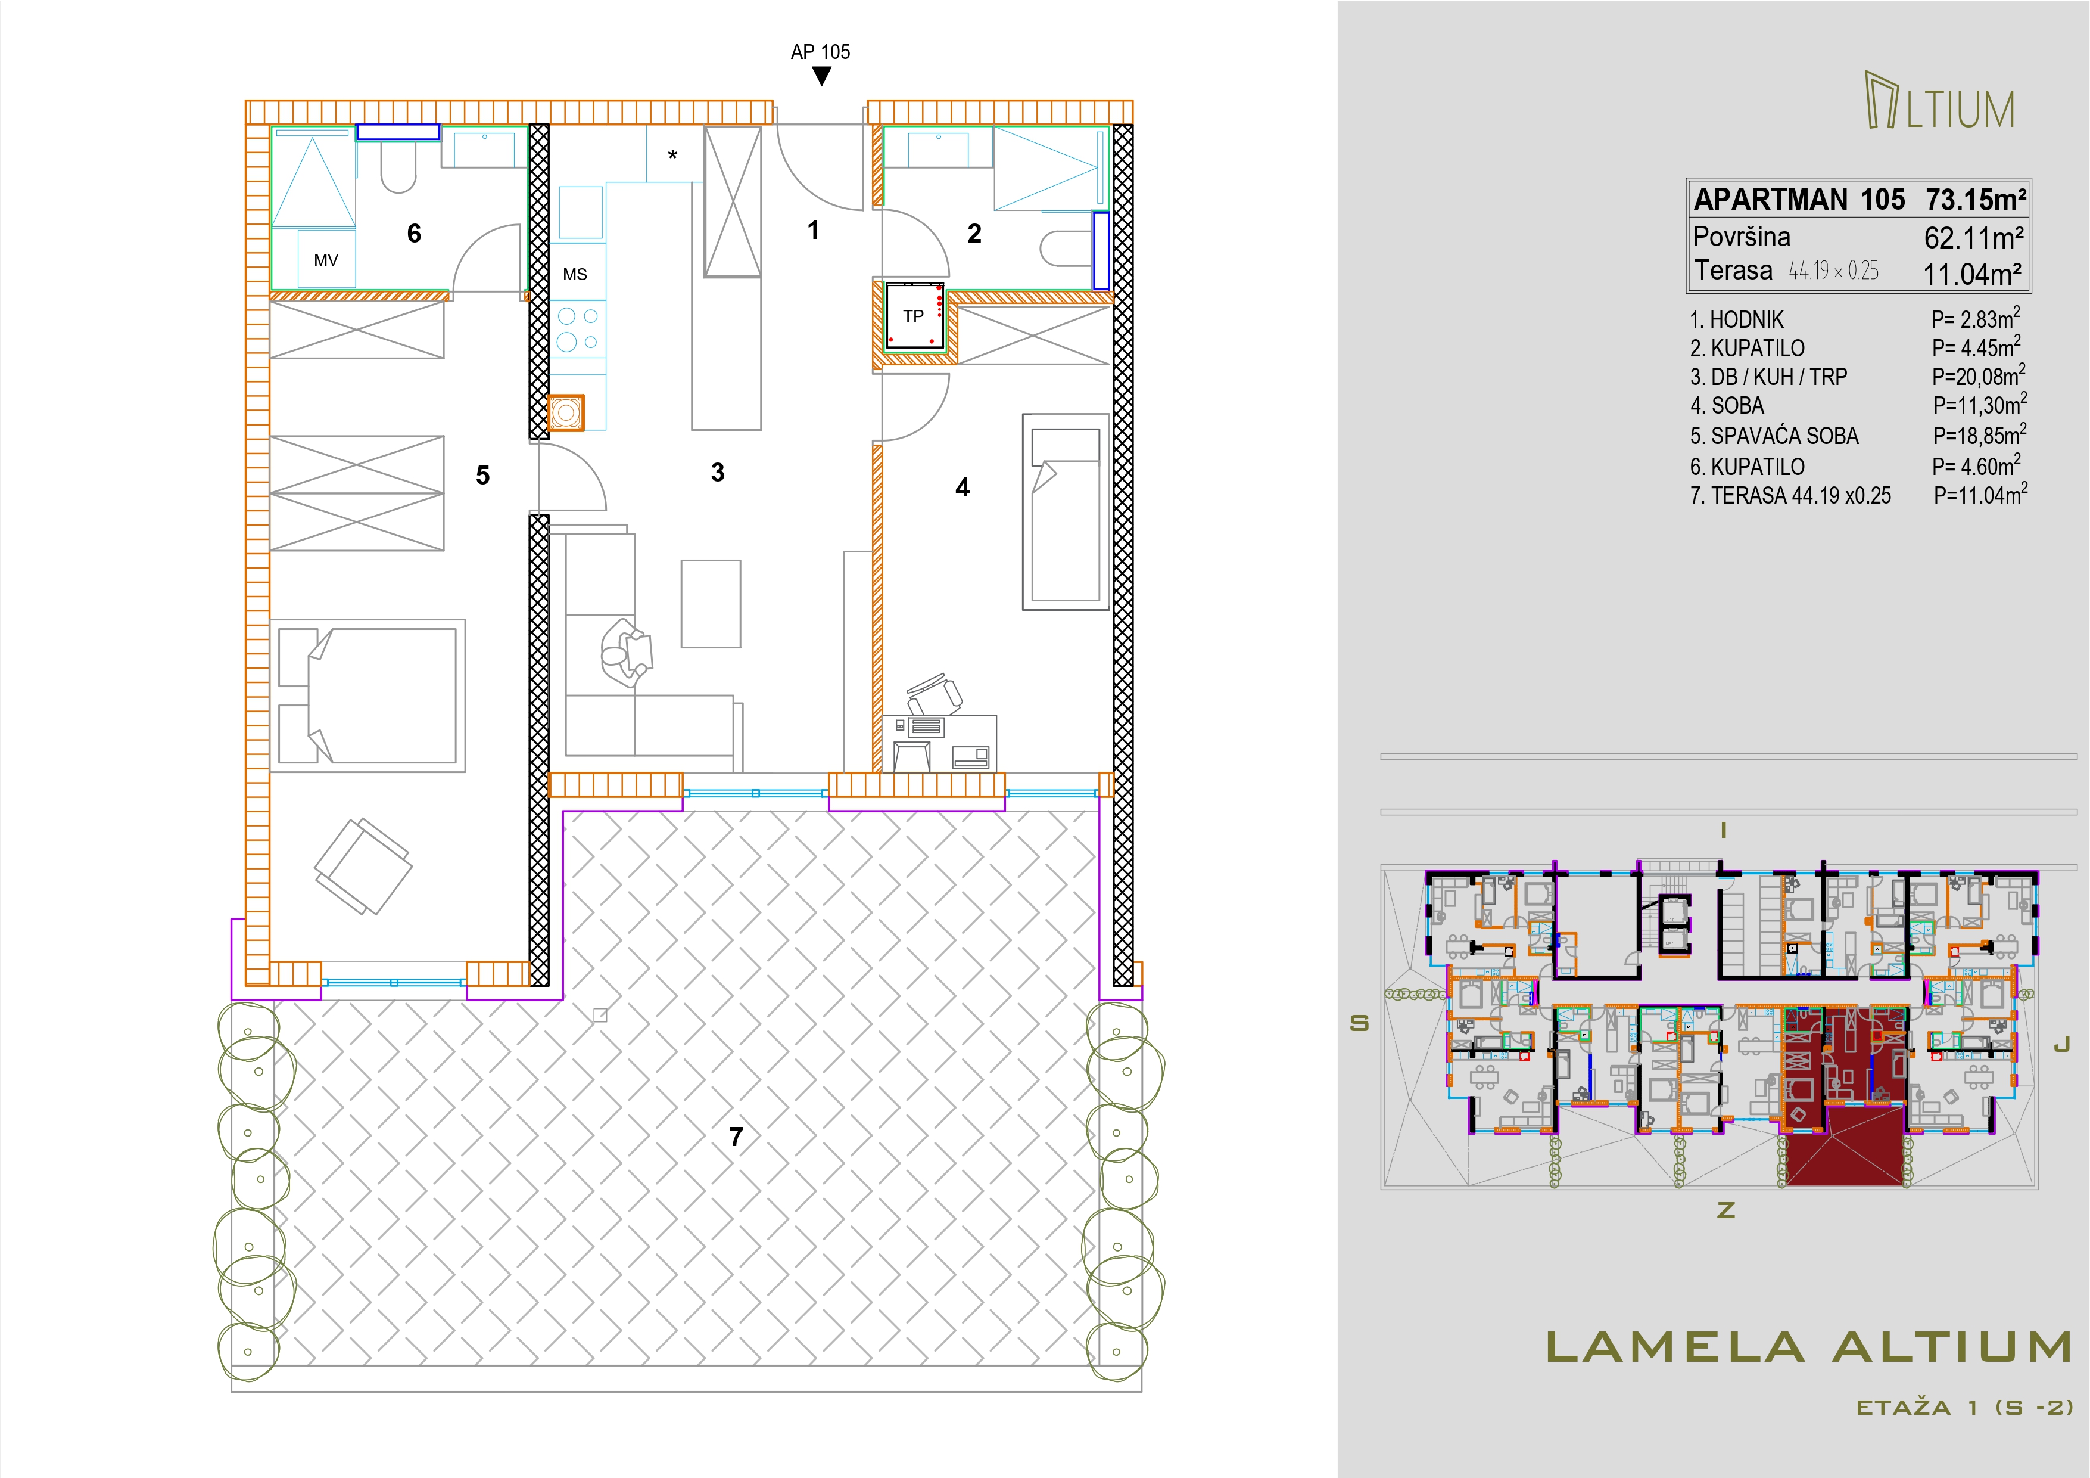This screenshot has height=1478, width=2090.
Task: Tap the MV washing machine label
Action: coord(326,260)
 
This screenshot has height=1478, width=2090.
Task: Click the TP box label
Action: coord(913,316)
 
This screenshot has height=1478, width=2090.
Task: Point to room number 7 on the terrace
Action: coord(736,1137)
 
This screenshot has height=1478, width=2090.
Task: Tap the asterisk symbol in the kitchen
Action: coord(672,156)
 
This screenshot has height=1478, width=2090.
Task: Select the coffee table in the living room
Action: coord(711,604)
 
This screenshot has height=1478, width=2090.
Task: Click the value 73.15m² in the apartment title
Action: coord(1975,200)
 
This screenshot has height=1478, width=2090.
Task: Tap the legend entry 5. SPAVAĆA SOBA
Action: coord(1774,436)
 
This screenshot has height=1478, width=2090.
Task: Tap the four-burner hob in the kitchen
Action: coord(578,330)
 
